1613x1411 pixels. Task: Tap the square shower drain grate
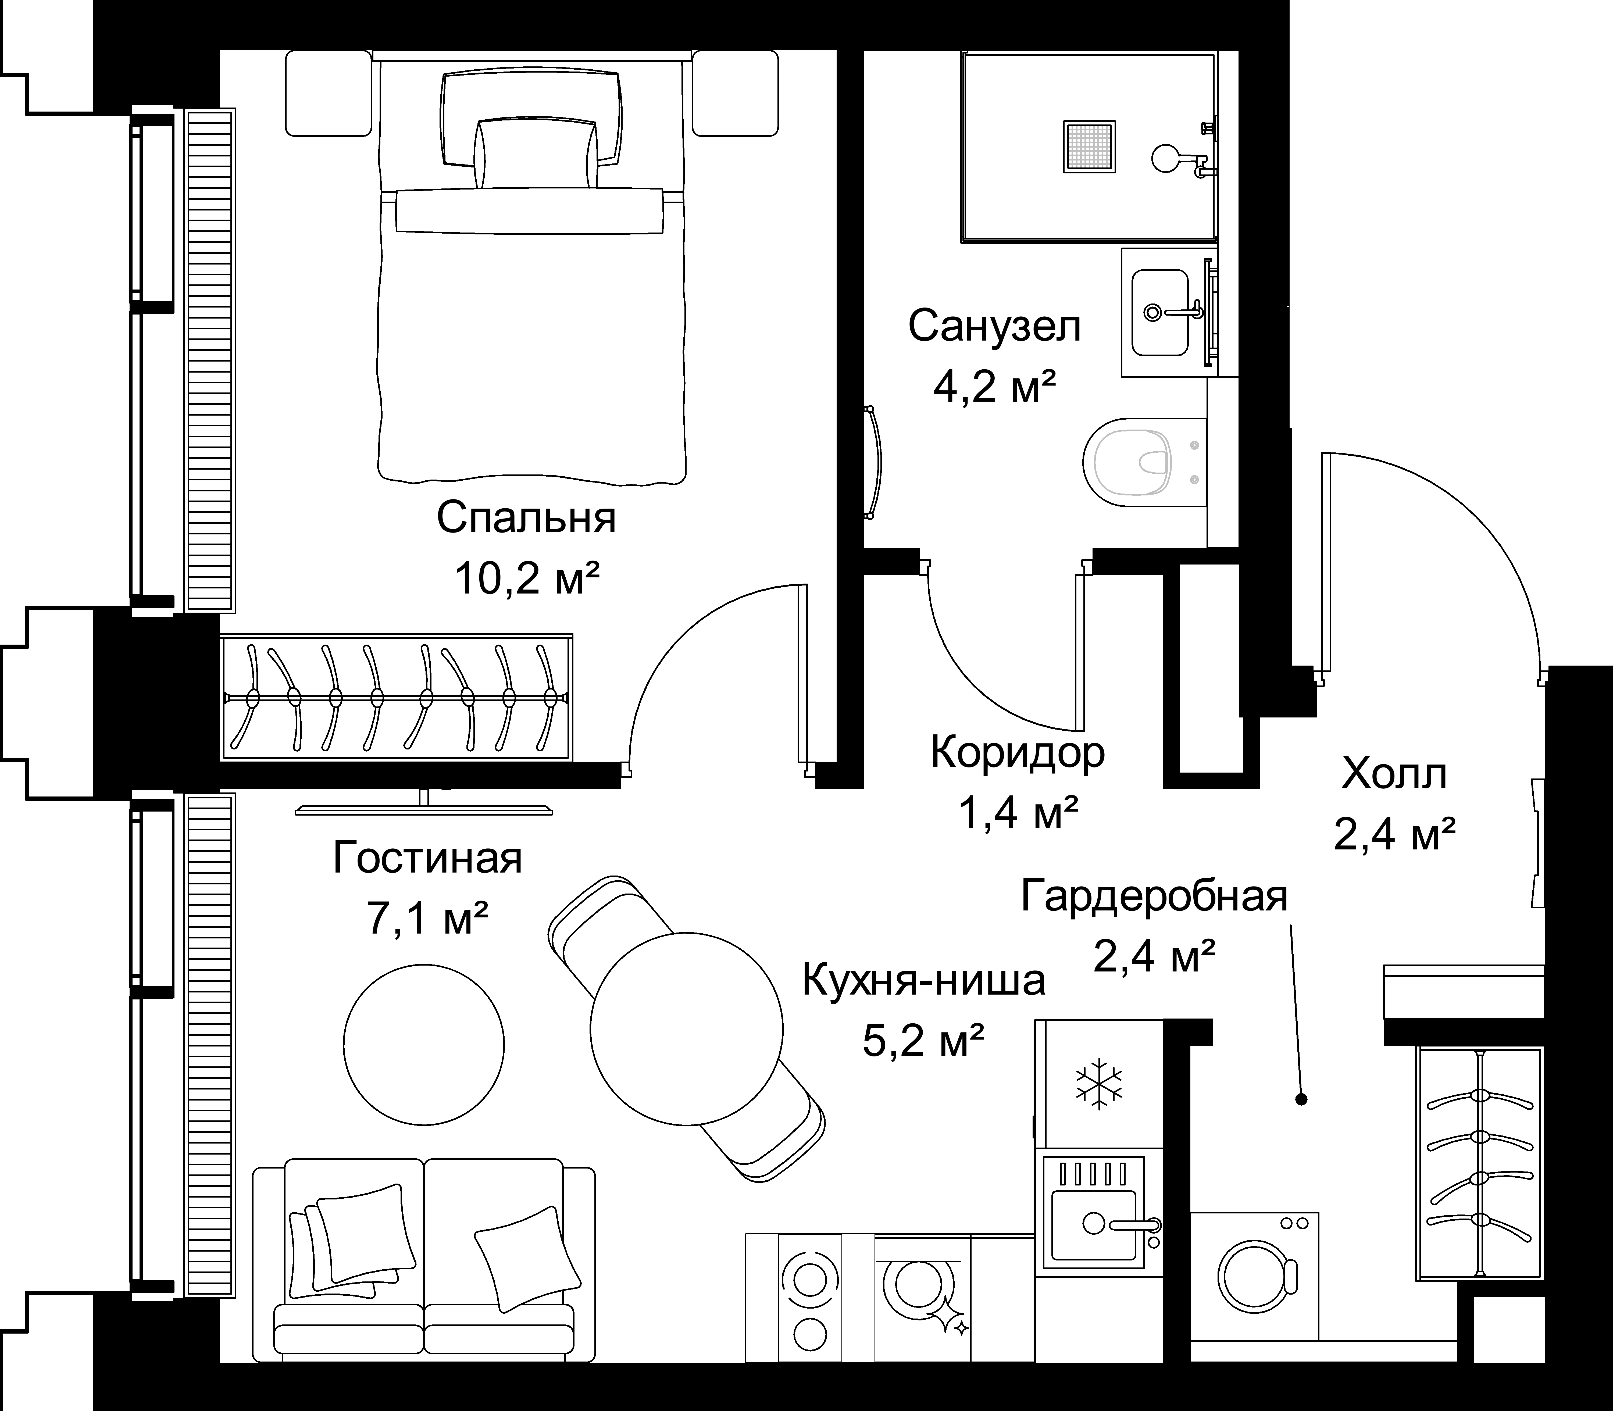click(1089, 147)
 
